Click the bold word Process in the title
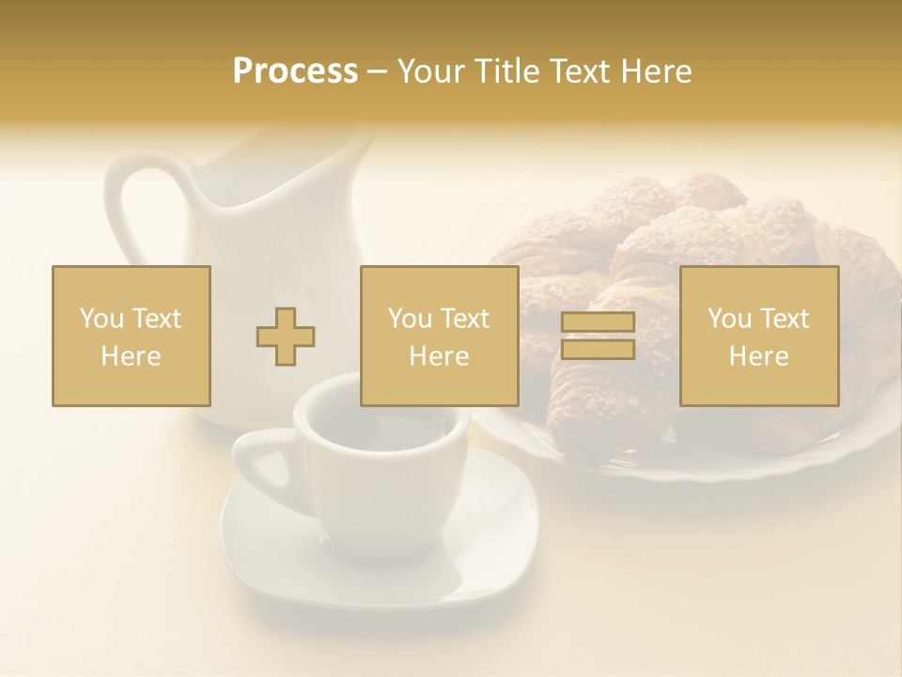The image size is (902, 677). pyautogui.click(x=295, y=71)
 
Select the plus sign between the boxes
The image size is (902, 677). pyautogui.click(x=286, y=337)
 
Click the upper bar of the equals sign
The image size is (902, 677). pyautogui.click(x=598, y=323)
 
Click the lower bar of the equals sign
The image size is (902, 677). pyautogui.click(x=598, y=350)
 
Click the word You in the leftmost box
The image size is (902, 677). pyautogui.click(x=101, y=319)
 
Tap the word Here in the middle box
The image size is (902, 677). pyautogui.click(x=439, y=356)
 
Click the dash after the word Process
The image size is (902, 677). pyautogui.click(x=377, y=71)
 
